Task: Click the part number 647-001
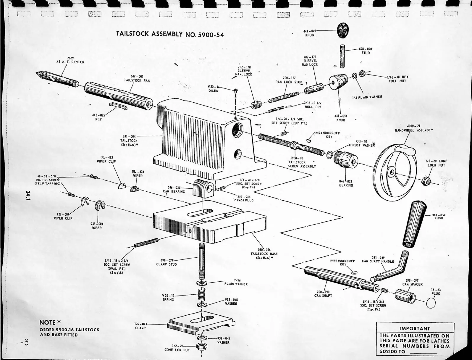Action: click(137, 76)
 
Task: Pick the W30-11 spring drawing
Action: click(202, 295)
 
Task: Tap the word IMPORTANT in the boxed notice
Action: click(414, 328)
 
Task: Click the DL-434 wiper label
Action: click(138, 174)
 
